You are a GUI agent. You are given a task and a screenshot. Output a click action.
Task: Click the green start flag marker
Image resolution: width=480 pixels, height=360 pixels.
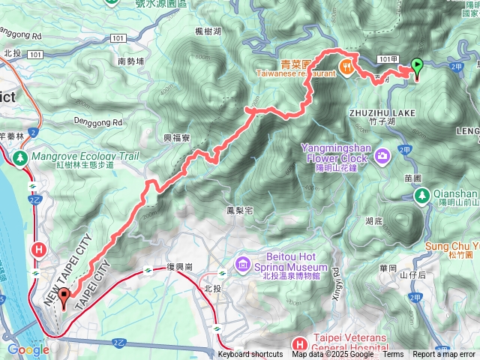pyautogui.click(x=416, y=68)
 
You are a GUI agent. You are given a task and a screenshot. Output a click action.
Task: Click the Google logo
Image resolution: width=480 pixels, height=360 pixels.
pyautogui.click(x=28, y=349)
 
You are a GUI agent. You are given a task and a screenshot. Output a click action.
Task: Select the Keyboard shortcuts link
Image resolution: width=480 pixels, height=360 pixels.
pyautogui.click(x=250, y=355)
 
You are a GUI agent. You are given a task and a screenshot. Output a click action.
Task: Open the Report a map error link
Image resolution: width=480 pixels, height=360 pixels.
pyautogui.click(x=444, y=355)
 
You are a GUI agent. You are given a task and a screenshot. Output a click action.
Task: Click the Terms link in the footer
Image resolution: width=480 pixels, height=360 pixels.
pyautogui.click(x=392, y=355)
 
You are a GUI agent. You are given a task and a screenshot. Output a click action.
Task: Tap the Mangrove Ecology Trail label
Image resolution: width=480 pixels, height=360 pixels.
pyautogui.click(x=75, y=156)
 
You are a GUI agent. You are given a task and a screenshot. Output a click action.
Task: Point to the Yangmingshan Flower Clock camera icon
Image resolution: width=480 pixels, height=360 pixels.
pyautogui.click(x=383, y=155)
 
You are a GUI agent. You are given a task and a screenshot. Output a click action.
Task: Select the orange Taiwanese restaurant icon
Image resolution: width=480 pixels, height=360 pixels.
pyautogui.click(x=346, y=66)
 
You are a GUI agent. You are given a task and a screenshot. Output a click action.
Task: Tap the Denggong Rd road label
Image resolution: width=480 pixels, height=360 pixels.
pyautogui.click(x=97, y=121)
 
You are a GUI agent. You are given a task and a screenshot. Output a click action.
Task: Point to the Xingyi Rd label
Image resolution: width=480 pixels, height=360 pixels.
pyautogui.click(x=335, y=277)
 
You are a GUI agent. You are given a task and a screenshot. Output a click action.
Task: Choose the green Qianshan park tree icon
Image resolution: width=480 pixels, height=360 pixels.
pyautogui.click(x=422, y=196)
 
